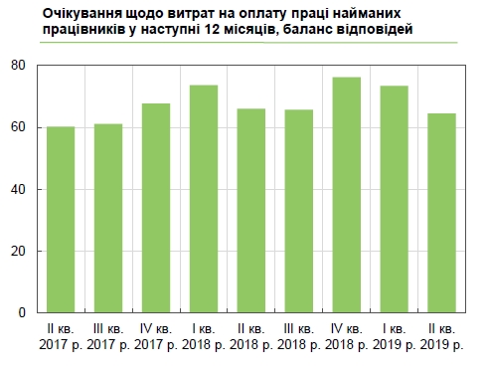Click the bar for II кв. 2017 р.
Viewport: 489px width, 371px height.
61,220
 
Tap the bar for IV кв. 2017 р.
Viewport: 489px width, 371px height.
155,208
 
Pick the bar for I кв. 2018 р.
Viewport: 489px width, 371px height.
203,199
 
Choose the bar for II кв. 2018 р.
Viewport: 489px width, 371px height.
250,211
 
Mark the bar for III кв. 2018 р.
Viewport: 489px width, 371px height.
297,211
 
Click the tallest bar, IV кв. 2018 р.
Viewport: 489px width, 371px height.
345,195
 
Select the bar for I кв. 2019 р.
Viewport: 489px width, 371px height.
393,199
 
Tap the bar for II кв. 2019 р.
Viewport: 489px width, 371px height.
440,213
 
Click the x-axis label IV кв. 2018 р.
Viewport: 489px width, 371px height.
345,336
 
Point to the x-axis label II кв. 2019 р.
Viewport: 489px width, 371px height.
440,336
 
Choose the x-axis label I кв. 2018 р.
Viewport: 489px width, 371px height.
203,336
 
